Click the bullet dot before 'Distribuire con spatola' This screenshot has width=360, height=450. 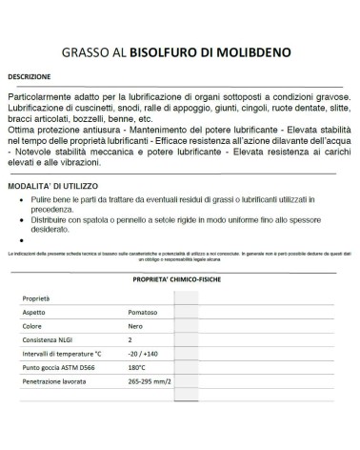pyautogui.click(x=22, y=219)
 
